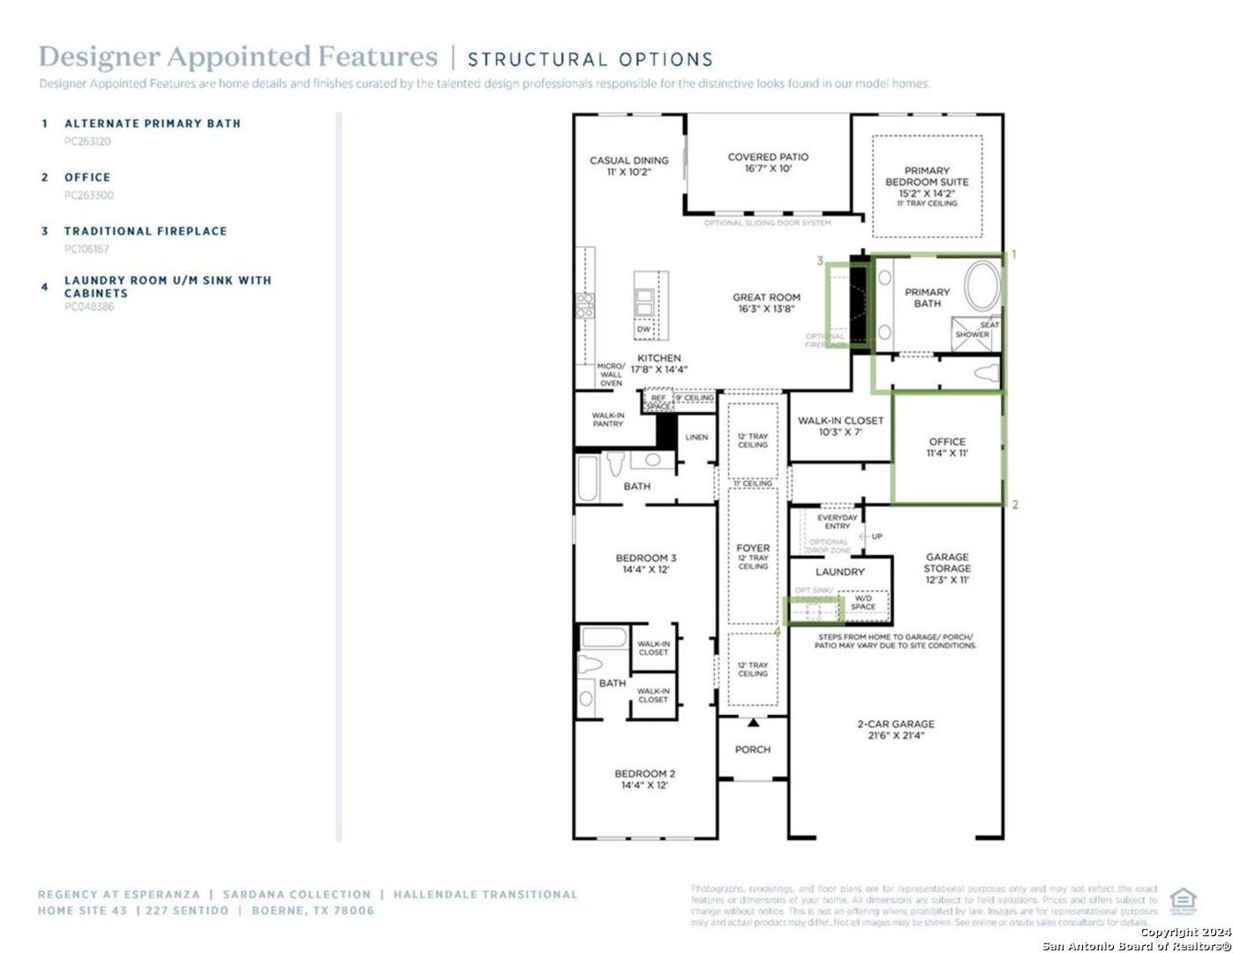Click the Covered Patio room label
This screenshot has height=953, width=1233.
768,162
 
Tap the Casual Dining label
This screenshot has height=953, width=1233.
628,166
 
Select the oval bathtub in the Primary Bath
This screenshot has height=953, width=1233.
981,285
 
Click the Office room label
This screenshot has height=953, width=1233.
947,447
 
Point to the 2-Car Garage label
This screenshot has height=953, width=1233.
895,729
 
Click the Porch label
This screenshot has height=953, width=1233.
752,749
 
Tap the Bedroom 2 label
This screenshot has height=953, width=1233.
644,779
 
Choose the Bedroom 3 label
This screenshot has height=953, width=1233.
645,564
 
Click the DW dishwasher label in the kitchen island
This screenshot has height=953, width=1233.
643,329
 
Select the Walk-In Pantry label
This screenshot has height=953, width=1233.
607,419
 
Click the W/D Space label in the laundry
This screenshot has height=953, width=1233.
863,603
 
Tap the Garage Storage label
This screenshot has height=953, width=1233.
947,568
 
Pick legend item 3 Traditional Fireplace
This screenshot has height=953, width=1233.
146,231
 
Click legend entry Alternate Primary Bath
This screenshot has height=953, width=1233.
152,124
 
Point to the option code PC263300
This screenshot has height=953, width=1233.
89,195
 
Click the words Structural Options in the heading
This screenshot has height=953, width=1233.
590,59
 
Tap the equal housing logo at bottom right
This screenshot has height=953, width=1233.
1183,901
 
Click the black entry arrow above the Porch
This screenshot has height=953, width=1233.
753,723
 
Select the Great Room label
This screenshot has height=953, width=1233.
766,303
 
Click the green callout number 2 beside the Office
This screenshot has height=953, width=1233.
1015,505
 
